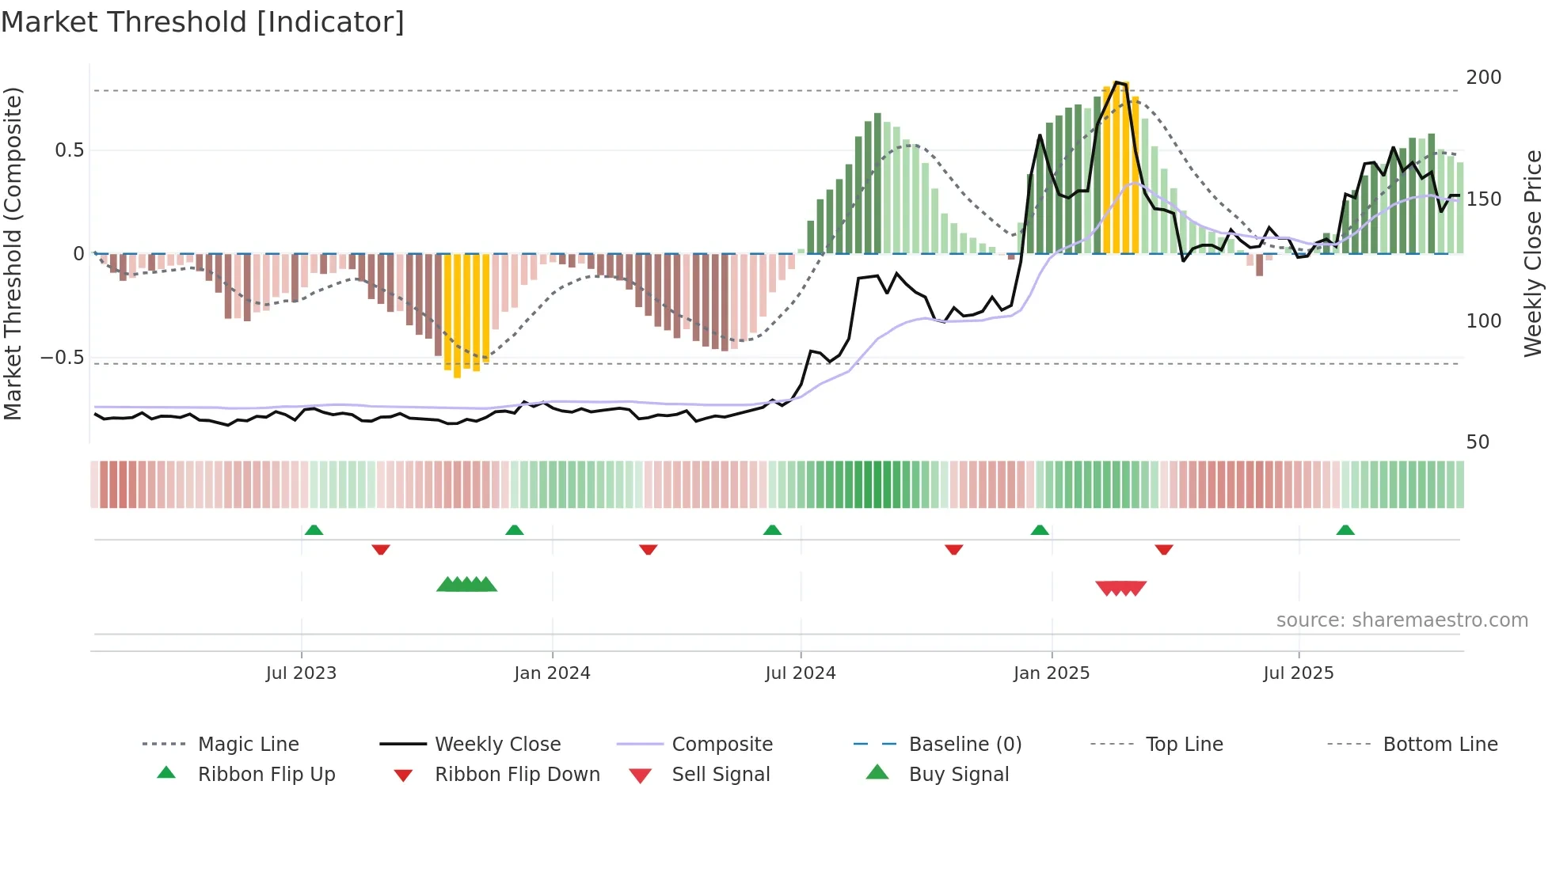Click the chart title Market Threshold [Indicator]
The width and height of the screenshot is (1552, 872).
203,22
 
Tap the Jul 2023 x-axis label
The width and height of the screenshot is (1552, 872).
301,673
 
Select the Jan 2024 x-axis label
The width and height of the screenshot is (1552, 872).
552,673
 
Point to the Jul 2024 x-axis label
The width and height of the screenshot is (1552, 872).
800,673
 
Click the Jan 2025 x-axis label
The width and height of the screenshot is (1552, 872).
1052,673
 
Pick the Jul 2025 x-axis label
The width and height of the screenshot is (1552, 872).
1299,673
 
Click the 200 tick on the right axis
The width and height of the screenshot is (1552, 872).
1483,78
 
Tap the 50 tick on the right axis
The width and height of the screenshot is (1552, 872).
1478,442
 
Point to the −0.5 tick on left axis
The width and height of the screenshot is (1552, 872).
62,358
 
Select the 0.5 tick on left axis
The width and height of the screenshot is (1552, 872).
69,150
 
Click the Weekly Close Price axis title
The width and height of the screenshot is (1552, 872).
1533,253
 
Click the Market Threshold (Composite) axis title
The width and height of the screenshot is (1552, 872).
13,253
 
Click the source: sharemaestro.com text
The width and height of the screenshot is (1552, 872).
1402,620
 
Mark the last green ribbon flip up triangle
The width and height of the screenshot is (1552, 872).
1345,530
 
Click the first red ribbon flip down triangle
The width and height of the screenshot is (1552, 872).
381,549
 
